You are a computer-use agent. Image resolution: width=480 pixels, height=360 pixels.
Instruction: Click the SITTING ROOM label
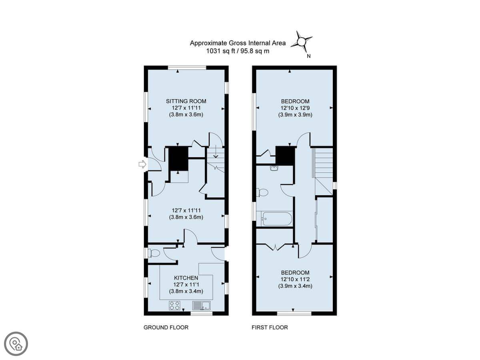click(186, 101)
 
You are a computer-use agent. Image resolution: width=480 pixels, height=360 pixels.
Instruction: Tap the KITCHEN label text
click(186, 278)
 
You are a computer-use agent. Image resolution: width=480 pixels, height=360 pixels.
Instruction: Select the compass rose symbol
click(302, 42)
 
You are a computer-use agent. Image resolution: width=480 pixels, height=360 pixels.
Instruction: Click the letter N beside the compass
click(308, 56)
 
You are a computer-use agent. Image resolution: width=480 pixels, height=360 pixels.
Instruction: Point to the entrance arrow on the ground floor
click(142, 164)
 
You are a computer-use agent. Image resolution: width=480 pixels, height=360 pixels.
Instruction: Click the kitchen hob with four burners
click(174, 305)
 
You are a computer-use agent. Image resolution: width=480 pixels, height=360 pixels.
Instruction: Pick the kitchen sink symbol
click(201, 305)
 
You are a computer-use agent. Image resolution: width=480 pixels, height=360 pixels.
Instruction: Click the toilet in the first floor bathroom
click(262, 192)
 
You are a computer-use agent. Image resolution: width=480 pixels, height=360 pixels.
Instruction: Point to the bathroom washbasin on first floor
click(274, 168)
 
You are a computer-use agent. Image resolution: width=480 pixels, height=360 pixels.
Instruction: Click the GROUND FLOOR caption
click(166, 327)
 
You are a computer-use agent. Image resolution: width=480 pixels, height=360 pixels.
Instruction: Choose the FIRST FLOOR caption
click(270, 327)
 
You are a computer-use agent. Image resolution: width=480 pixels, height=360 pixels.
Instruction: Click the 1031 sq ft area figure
click(221, 51)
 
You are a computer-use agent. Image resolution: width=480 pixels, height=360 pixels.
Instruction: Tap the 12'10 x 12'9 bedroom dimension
click(295, 108)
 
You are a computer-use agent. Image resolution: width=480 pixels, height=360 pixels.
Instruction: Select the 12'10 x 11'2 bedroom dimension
click(295, 279)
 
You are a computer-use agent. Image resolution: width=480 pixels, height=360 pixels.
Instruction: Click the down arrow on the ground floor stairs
click(216, 152)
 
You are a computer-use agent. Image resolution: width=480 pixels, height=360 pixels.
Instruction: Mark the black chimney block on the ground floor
click(178, 158)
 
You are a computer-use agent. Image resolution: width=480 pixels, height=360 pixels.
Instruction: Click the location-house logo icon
click(16, 344)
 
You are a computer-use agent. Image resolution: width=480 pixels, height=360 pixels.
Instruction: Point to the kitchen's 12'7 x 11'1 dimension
click(186, 284)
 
